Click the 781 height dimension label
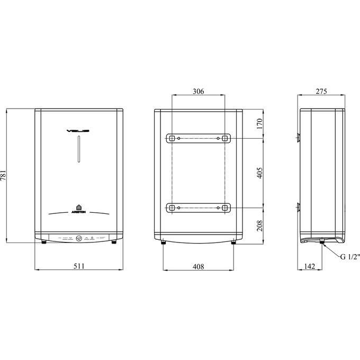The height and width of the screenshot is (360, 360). click(x=5, y=176)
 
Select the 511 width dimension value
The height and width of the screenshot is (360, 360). click(x=78, y=266)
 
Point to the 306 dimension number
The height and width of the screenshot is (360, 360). click(x=198, y=91)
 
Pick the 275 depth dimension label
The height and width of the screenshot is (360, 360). click(x=322, y=91)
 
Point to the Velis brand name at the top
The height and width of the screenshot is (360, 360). click(x=78, y=130)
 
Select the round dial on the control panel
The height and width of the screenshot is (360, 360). click(x=78, y=238)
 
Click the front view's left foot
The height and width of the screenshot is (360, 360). click(x=43, y=244)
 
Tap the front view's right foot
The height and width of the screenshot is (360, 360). click(x=114, y=244)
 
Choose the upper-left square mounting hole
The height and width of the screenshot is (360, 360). click(x=172, y=138)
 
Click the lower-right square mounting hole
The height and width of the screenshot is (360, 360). click(x=225, y=208)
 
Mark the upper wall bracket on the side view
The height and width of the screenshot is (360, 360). click(x=298, y=138)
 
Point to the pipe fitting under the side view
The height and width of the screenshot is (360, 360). click(x=321, y=243)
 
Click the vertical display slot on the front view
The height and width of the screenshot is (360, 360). click(x=78, y=150)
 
